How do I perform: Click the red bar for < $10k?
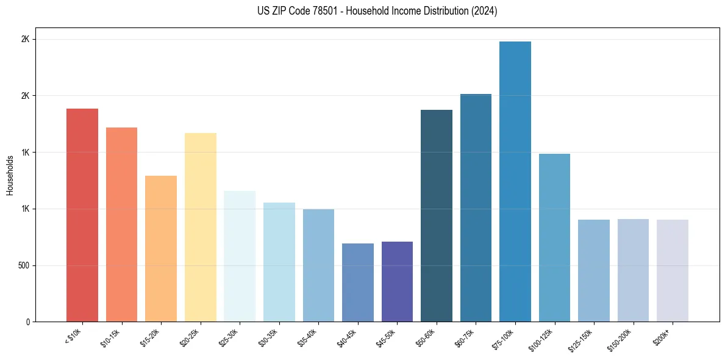(x=82, y=215)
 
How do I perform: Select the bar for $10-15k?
(x=121, y=225)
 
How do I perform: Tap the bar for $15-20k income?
(x=161, y=248)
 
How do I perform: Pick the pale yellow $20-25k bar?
(x=201, y=227)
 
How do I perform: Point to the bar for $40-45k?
(x=358, y=283)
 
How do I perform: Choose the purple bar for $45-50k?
(x=397, y=281)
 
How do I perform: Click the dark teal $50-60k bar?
(x=437, y=215)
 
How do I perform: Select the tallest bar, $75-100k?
(x=515, y=181)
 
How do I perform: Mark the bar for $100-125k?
(x=554, y=237)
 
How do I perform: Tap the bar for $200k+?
(x=673, y=270)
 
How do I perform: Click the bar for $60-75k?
(x=476, y=207)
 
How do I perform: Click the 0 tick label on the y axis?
(x=27, y=322)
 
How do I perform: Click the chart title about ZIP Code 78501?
(x=362, y=11)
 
